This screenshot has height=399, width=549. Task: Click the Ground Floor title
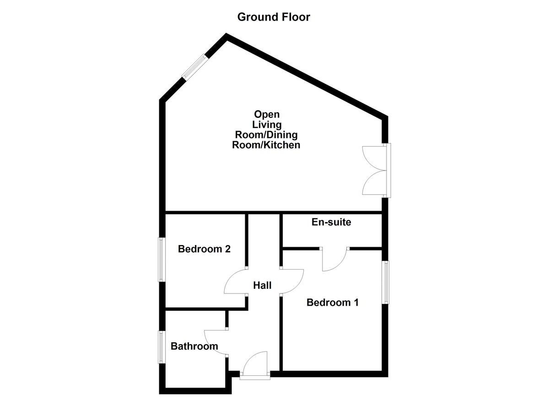(x=274, y=17)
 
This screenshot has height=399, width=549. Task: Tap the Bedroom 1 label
(x=332, y=302)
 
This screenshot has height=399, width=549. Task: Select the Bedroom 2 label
(x=204, y=249)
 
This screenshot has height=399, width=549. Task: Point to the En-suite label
(x=331, y=223)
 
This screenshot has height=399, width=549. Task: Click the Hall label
(x=262, y=286)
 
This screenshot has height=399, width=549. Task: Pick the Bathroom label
(x=194, y=346)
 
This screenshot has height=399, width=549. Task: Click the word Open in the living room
(x=267, y=114)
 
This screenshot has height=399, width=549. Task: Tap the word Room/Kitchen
(x=266, y=145)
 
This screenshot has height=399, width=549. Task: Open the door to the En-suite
(x=335, y=260)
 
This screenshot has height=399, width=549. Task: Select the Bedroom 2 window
(x=162, y=259)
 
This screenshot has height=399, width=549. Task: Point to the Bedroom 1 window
(x=386, y=282)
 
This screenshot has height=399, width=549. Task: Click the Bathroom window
(x=162, y=347)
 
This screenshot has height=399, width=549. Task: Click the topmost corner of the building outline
(x=226, y=36)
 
